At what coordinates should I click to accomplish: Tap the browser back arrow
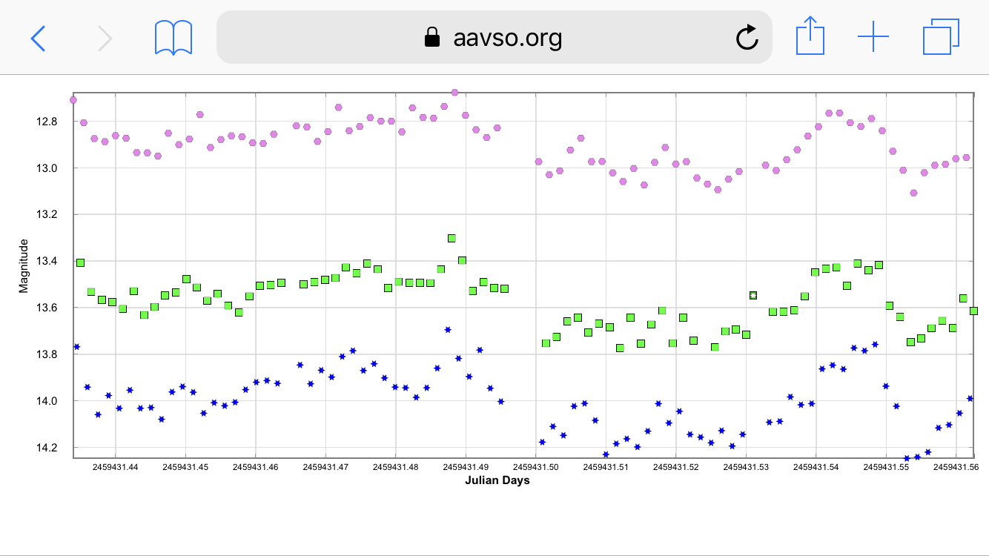tap(38, 38)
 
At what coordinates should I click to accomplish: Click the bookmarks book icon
tap(173, 38)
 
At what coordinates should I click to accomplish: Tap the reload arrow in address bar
tap(747, 37)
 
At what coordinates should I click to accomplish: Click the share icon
tap(810, 37)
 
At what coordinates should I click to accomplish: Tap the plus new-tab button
tap(873, 37)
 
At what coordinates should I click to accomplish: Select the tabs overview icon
tap(941, 37)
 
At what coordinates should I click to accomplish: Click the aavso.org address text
tap(507, 37)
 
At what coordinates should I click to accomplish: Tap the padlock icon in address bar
tap(431, 37)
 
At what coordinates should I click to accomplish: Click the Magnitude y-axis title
tap(24, 265)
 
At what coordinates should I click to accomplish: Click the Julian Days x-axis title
tap(497, 480)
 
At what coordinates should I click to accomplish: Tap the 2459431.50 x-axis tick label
tap(536, 467)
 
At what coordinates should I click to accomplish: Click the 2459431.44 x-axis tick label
tap(116, 467)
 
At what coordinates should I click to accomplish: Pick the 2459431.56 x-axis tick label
tap(956, 467)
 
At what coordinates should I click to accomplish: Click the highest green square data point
tap(451, 238)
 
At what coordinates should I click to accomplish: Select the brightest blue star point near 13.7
tap(448, 329)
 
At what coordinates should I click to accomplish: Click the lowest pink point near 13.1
tap(913, 193)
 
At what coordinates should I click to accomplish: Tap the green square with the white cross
tap(753, 295)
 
